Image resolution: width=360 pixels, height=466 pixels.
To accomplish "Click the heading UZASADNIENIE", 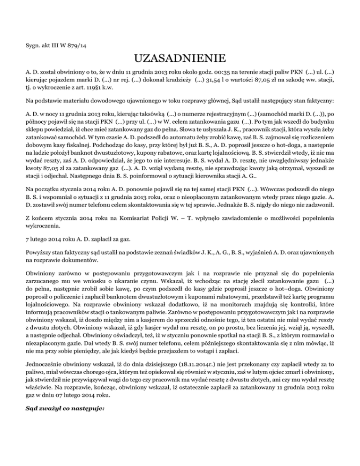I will [180, 60].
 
